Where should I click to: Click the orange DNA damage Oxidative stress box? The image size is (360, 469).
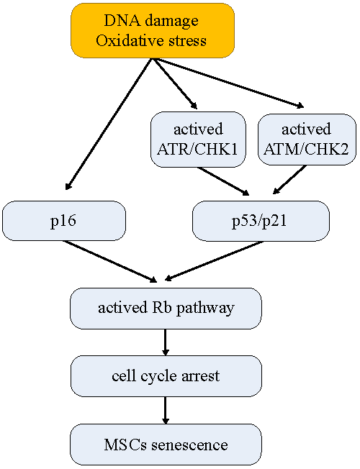[x=153, y=30]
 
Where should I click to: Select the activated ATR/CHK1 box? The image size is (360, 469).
[x=198, y=139]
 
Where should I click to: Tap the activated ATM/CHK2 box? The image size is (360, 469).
[x=307, y=139]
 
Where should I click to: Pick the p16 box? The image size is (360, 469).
[x=64, y=221]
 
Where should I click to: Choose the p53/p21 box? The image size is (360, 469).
[x=261, y=221]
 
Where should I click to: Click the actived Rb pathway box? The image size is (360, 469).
[x=166, y=309]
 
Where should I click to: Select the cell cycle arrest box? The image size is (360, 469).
[x=166, y=376]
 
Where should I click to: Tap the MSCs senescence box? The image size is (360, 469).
[x=166, y=444]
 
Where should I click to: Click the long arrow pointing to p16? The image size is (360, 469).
[x=109, y=124]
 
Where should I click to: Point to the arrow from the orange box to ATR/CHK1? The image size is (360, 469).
[x=176, y=84]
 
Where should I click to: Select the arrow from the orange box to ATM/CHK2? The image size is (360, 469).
[x=229, y=83]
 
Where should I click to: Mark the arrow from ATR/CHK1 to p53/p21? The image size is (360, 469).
[x=223, y=181]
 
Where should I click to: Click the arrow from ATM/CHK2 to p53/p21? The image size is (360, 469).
[x=289, y=180]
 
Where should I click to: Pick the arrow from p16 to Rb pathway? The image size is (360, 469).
[x=110, y=261]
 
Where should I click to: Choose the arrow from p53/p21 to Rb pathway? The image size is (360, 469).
[x=214, y=261]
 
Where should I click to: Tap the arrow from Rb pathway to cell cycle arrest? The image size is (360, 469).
[x=166, y=342]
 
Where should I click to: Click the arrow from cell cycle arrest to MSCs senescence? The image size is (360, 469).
[x=166, y=410]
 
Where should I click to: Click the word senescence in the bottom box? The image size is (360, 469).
[x=189, y=445]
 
